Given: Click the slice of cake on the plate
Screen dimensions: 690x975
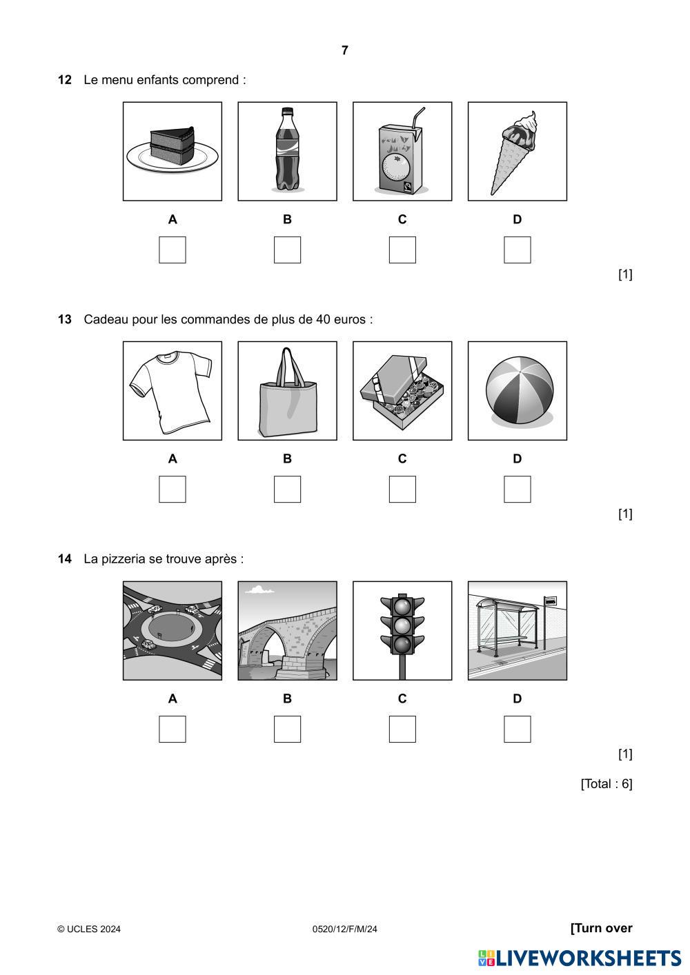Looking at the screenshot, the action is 172,145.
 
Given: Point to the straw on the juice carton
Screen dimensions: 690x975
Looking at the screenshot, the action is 418,117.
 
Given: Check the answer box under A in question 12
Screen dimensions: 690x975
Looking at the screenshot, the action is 172,250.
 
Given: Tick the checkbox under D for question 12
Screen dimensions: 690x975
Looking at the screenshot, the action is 517,250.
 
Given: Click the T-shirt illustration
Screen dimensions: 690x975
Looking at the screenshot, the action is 171,391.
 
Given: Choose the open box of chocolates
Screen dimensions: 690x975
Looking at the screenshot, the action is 402,391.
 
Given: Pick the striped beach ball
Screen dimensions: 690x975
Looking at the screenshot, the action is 520,390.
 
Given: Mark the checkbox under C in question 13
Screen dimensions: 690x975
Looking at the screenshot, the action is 402,490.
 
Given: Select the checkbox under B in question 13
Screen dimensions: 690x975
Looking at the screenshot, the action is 287,490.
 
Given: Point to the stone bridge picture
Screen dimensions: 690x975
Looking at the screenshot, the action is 287,630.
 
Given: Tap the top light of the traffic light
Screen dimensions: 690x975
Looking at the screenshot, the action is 402,606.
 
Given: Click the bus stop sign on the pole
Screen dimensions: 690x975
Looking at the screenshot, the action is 550,601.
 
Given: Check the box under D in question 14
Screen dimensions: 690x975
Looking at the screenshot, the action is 517,729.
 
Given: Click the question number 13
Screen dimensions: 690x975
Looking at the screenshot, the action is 64,319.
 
